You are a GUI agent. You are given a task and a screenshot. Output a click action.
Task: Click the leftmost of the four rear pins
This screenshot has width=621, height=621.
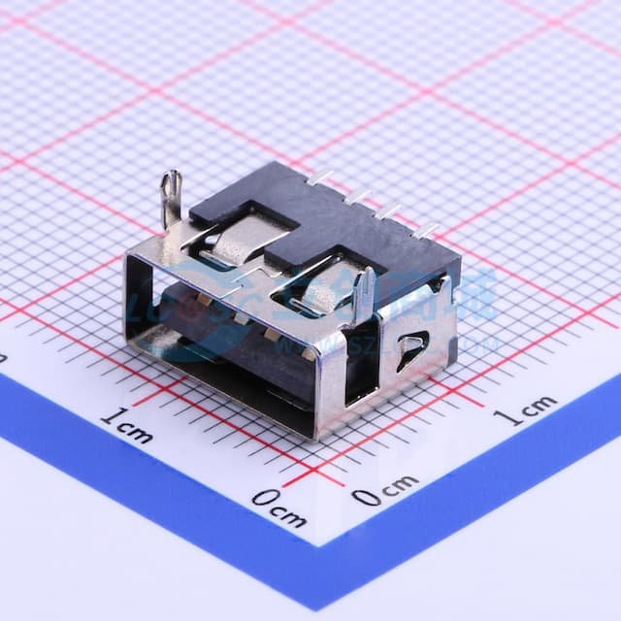319,178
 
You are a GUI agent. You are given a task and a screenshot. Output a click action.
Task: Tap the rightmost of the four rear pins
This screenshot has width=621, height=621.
426,231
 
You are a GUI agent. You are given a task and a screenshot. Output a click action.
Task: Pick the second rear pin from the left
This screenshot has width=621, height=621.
357,195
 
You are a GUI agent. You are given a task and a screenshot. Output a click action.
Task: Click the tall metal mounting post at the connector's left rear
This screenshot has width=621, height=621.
171,197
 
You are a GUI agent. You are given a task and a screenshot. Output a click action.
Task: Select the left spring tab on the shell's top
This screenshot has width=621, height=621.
234,238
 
